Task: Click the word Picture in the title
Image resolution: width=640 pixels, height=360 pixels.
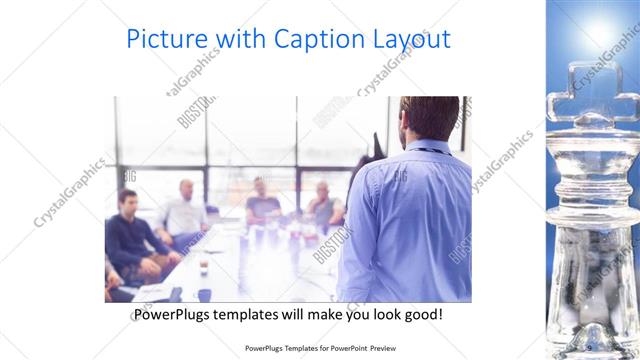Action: point(167,39)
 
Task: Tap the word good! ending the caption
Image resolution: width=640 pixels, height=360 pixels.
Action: point(423,314)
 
